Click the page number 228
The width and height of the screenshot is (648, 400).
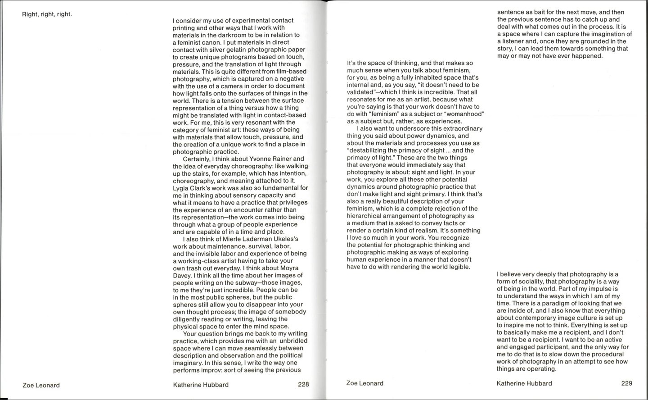[x=303, y=385]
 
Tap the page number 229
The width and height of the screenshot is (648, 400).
[x=626, y=383]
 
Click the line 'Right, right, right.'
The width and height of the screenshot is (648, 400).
[x=47, y=14]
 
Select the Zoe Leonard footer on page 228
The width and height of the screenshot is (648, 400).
[x=41, y=385]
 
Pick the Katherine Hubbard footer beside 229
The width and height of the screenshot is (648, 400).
[x=524, y=383]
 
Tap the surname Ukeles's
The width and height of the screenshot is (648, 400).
[x=285, y=239]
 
